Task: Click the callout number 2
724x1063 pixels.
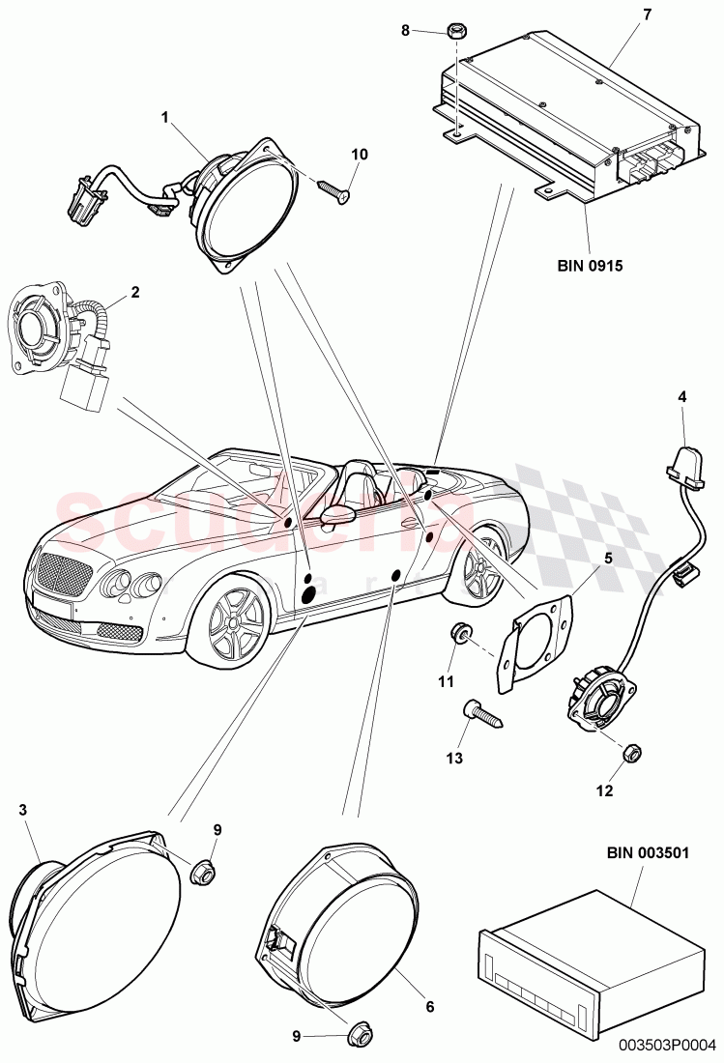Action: (x=135, y=291)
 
